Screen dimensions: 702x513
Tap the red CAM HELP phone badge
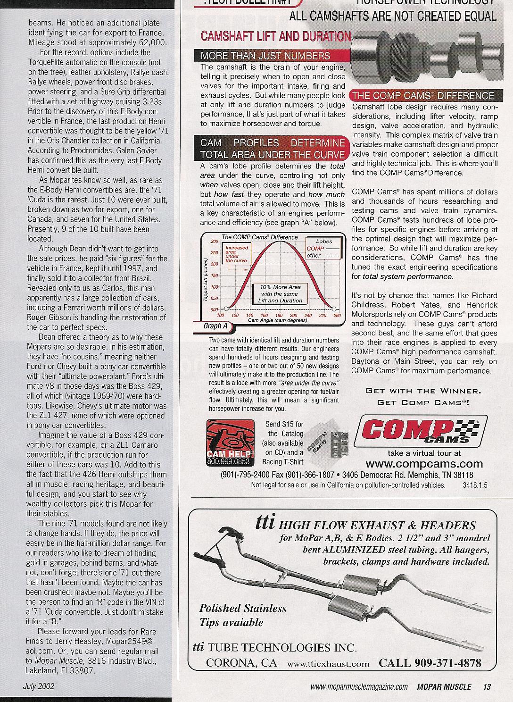[x=230, y=443]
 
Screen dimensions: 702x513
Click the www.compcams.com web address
[x=424, y=464]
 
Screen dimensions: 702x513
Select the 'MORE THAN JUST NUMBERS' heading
[x=265, y=56]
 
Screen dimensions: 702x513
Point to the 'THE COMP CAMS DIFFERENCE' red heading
[x=423, y=96]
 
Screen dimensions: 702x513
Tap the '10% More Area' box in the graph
[x=280, y=293]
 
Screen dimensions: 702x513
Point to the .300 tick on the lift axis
[x=214, y=242]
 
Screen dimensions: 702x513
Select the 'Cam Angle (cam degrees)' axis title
[x=277, y=320]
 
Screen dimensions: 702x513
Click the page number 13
[x=487, y=687]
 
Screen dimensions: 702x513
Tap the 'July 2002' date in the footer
[x=39, y=686]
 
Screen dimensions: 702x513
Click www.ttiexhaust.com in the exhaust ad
[x=328, y=664]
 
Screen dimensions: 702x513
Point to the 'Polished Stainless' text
[x=243, y=609]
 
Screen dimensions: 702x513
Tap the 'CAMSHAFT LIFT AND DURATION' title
[x=276, y=36]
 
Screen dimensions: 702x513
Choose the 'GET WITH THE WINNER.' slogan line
[x=423, y=391]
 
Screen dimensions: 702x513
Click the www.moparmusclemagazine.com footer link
[x=359, y=687]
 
